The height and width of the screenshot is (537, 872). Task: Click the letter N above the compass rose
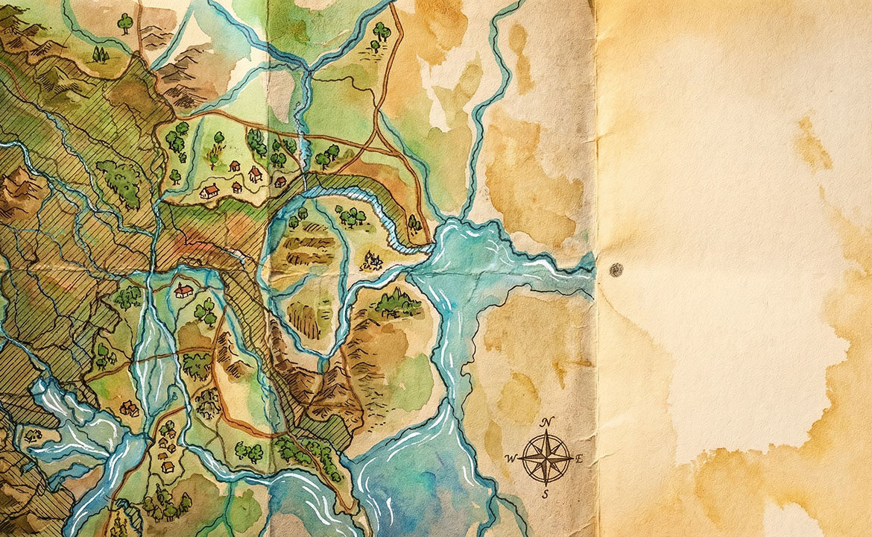pos(546,423)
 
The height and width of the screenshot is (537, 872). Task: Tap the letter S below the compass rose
pos(546,493)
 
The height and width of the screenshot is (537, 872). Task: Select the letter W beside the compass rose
pos(511,458)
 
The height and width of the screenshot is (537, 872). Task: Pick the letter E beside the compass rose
pos(580,458)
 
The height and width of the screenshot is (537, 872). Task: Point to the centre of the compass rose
pos(546,457)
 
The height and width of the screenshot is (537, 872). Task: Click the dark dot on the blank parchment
pos(616,270)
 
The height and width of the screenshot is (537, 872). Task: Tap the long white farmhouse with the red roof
pos(209,192)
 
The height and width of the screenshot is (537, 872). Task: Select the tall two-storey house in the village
pos(255,174)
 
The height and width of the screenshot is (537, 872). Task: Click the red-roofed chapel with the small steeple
pos(183,290)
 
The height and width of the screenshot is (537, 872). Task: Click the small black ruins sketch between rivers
pos(371,261)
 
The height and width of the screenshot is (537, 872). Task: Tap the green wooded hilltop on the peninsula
pos(397,303)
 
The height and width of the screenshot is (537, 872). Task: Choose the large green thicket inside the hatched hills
pos(119,181)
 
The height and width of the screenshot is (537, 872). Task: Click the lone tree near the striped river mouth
pos(413,222)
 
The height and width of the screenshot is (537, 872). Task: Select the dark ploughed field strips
pos(307,249)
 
